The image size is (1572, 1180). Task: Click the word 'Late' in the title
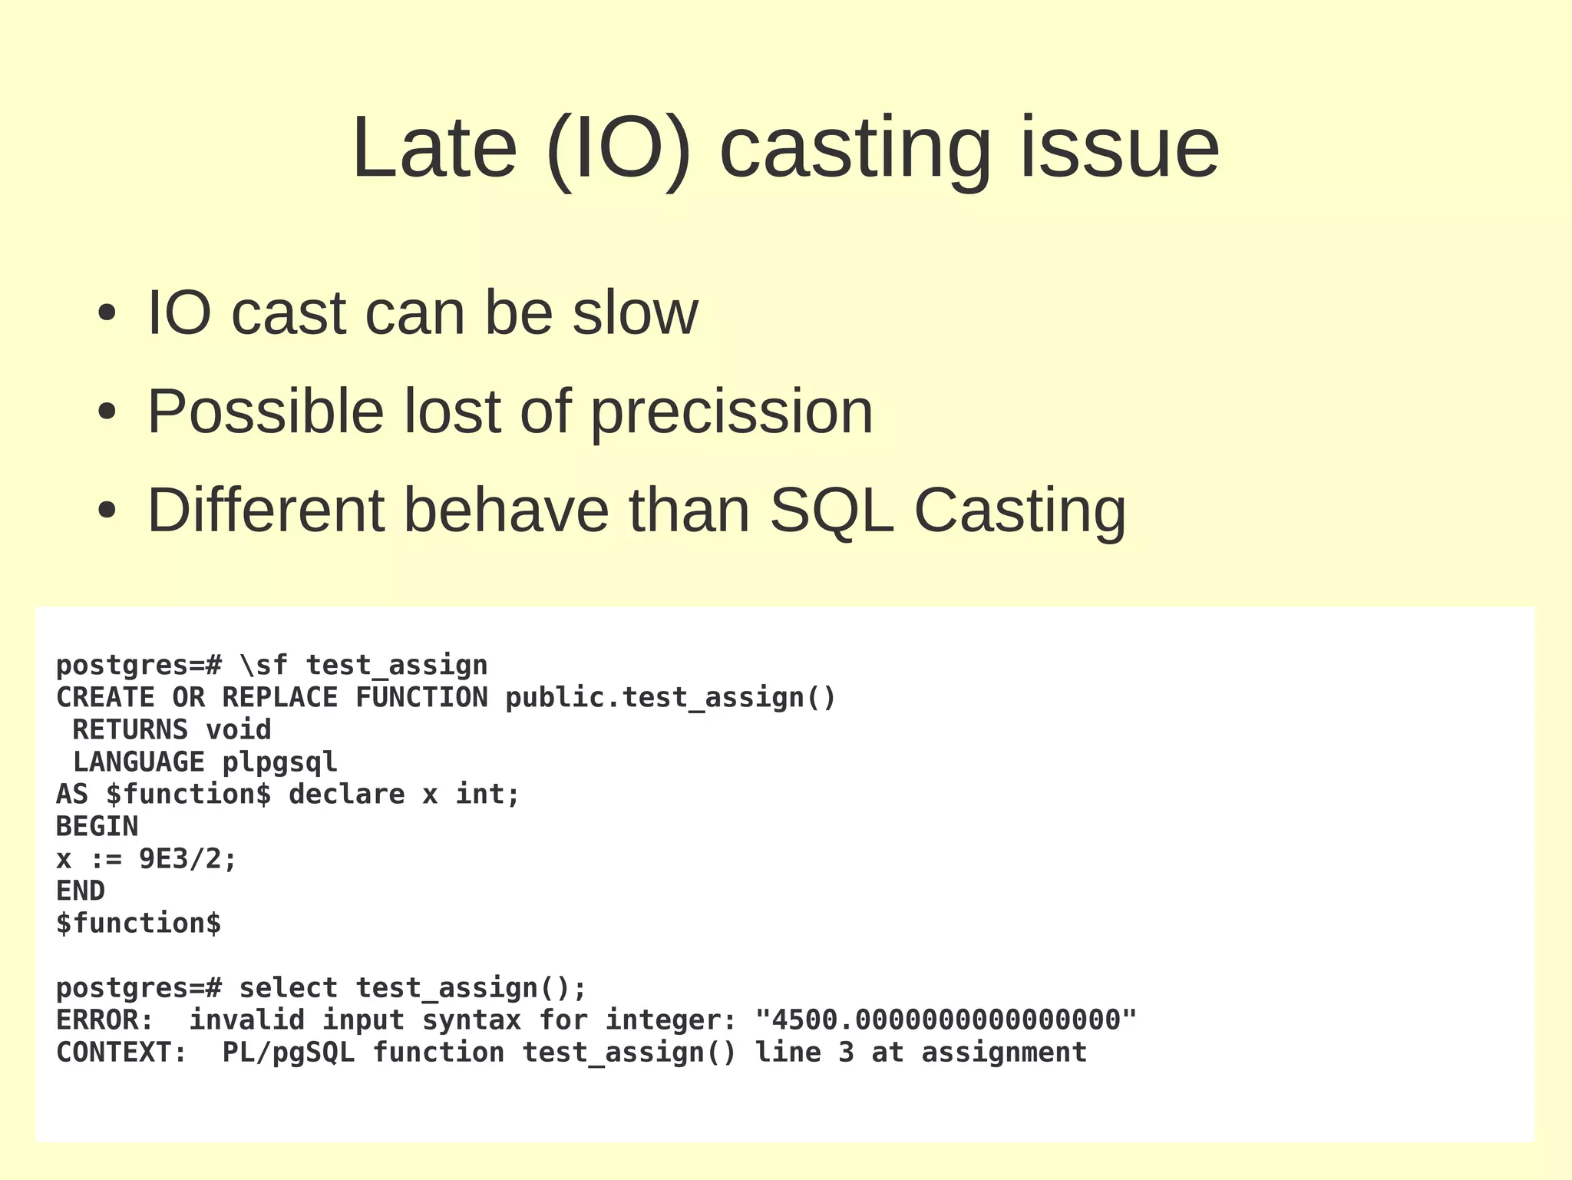click(434, 147)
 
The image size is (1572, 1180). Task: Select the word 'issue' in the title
click(1118, 147)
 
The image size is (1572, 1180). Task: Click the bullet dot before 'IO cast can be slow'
click(107, 313)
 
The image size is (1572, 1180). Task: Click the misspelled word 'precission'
click(732, 413)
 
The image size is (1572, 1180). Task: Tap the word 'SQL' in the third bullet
click(831, 511)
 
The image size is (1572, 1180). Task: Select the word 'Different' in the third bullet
click(266, 510)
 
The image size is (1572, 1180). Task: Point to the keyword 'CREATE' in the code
click(105, 697)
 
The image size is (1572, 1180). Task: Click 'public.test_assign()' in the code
click(670, 697)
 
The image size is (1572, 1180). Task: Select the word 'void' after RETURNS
click(239, 729)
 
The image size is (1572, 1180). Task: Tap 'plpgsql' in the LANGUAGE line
click(279, 762)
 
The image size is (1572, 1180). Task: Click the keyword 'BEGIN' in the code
click(97, 826)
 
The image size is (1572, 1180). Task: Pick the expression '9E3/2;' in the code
click(188, 858)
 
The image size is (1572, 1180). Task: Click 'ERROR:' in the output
click(105, 1020)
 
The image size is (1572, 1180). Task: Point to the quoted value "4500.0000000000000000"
click(946, 1020)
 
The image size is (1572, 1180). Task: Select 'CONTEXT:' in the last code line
click(121, 1052)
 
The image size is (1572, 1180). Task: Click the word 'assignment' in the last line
click(1004, 1052)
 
